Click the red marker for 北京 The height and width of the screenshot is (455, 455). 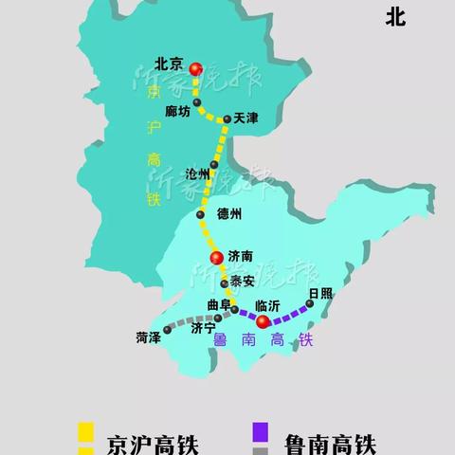tap(196, 68)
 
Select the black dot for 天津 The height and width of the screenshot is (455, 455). tap(226, 119)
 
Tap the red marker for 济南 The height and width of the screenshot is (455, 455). tap(216, 257)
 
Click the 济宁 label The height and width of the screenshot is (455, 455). tap(203, 329)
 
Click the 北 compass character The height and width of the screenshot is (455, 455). tap(396, 16)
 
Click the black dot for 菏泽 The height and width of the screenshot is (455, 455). tap(167, 330)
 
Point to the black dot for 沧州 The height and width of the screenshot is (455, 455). tap(214, 165)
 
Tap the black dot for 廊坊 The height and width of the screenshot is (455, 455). tap(196, 101)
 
